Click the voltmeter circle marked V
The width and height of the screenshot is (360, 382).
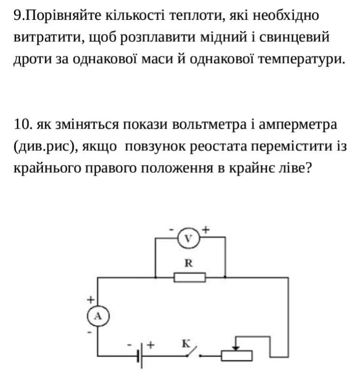(x=189, y=238)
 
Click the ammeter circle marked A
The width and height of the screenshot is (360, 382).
(x=98, y=316)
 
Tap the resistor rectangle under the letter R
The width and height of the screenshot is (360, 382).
(x=190, y=277)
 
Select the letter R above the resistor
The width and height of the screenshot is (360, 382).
(x=189, y=263)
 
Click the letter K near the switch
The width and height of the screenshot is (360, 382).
(x=186, y=344)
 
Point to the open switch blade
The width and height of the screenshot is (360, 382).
(x=192, y=351)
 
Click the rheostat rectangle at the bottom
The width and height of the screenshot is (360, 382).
(x=237, y=356)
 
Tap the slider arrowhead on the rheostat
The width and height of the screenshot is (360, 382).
(x=236, y=348)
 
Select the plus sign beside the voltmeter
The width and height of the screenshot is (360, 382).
(x=206, y=229)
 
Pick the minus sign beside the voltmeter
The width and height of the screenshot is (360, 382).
(x=171, y=230)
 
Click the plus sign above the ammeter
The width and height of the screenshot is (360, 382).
(x=90, y=300)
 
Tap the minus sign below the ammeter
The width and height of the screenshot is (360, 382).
(x=90, y=332)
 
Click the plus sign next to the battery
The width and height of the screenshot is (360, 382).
(x=151, y=345)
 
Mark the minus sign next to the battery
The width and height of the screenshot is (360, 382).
(x=129, y=345)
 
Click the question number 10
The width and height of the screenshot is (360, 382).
(x=23, y=124)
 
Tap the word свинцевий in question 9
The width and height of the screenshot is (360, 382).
(x=294, y=37)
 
